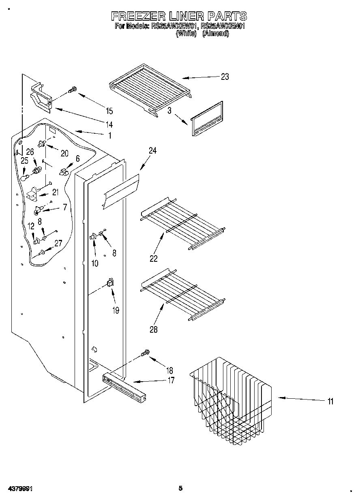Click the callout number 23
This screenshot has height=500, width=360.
click(225, 77)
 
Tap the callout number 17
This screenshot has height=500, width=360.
click(171, 380)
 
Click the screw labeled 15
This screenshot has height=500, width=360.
click(73, 90)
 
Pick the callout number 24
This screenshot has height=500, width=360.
click(152, 151)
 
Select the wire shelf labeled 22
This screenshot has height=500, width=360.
click(182, 223)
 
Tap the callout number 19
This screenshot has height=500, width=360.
click(116, 311)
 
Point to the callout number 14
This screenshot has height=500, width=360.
click(109, 124)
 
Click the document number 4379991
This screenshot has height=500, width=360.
click(19, 489)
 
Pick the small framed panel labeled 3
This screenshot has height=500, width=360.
click(207, 118)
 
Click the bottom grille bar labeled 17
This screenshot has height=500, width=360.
click(124, 389)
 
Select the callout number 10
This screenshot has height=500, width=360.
click(94, 263)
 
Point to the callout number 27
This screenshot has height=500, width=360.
click(58, 244)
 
